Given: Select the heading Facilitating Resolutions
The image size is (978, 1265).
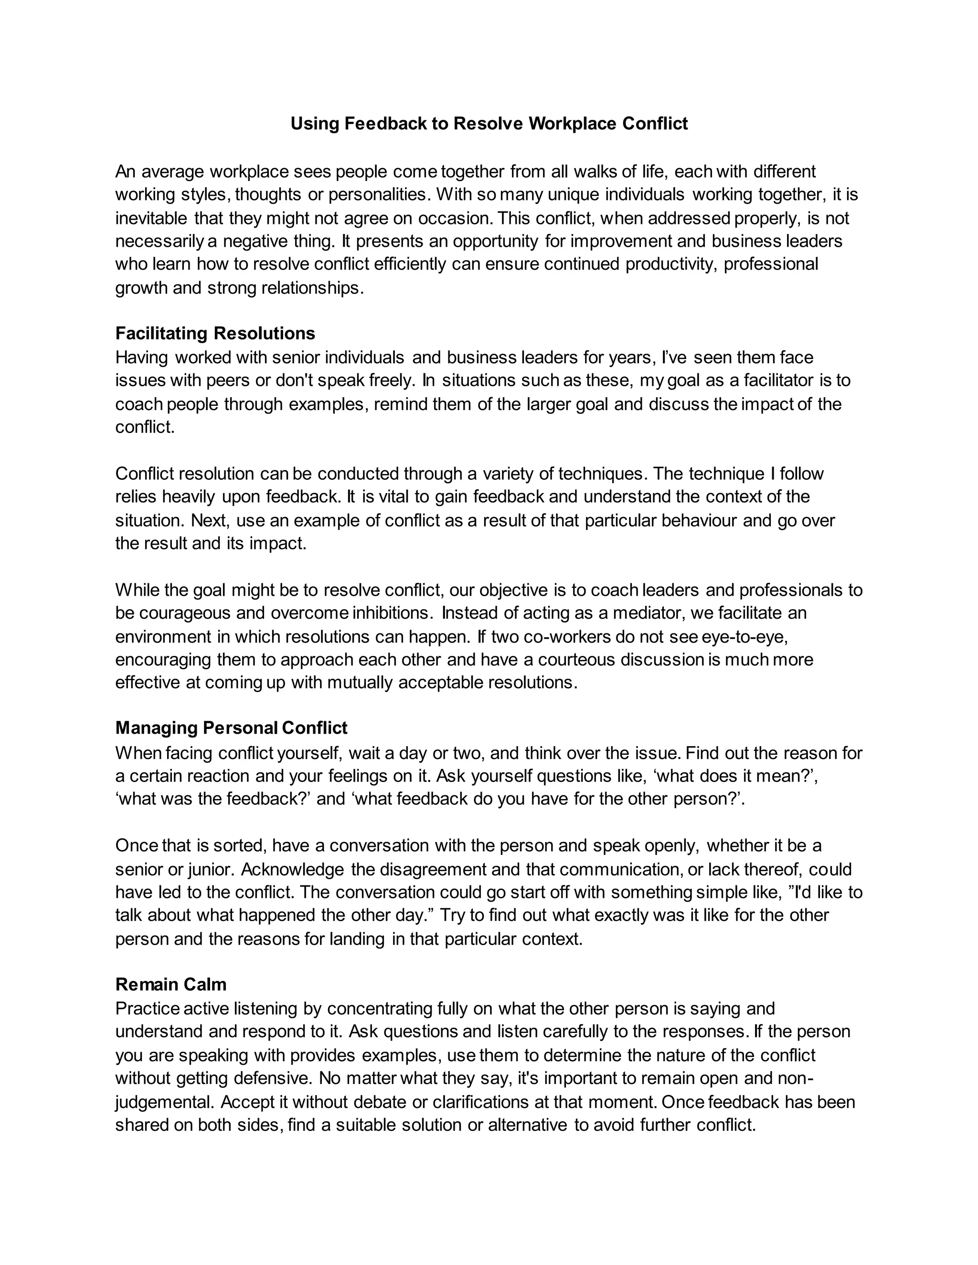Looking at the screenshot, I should tap(215, 334).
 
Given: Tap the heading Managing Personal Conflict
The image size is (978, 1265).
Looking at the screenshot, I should tap(231, 728).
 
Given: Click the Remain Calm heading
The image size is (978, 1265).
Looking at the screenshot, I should tap(171, 985).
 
